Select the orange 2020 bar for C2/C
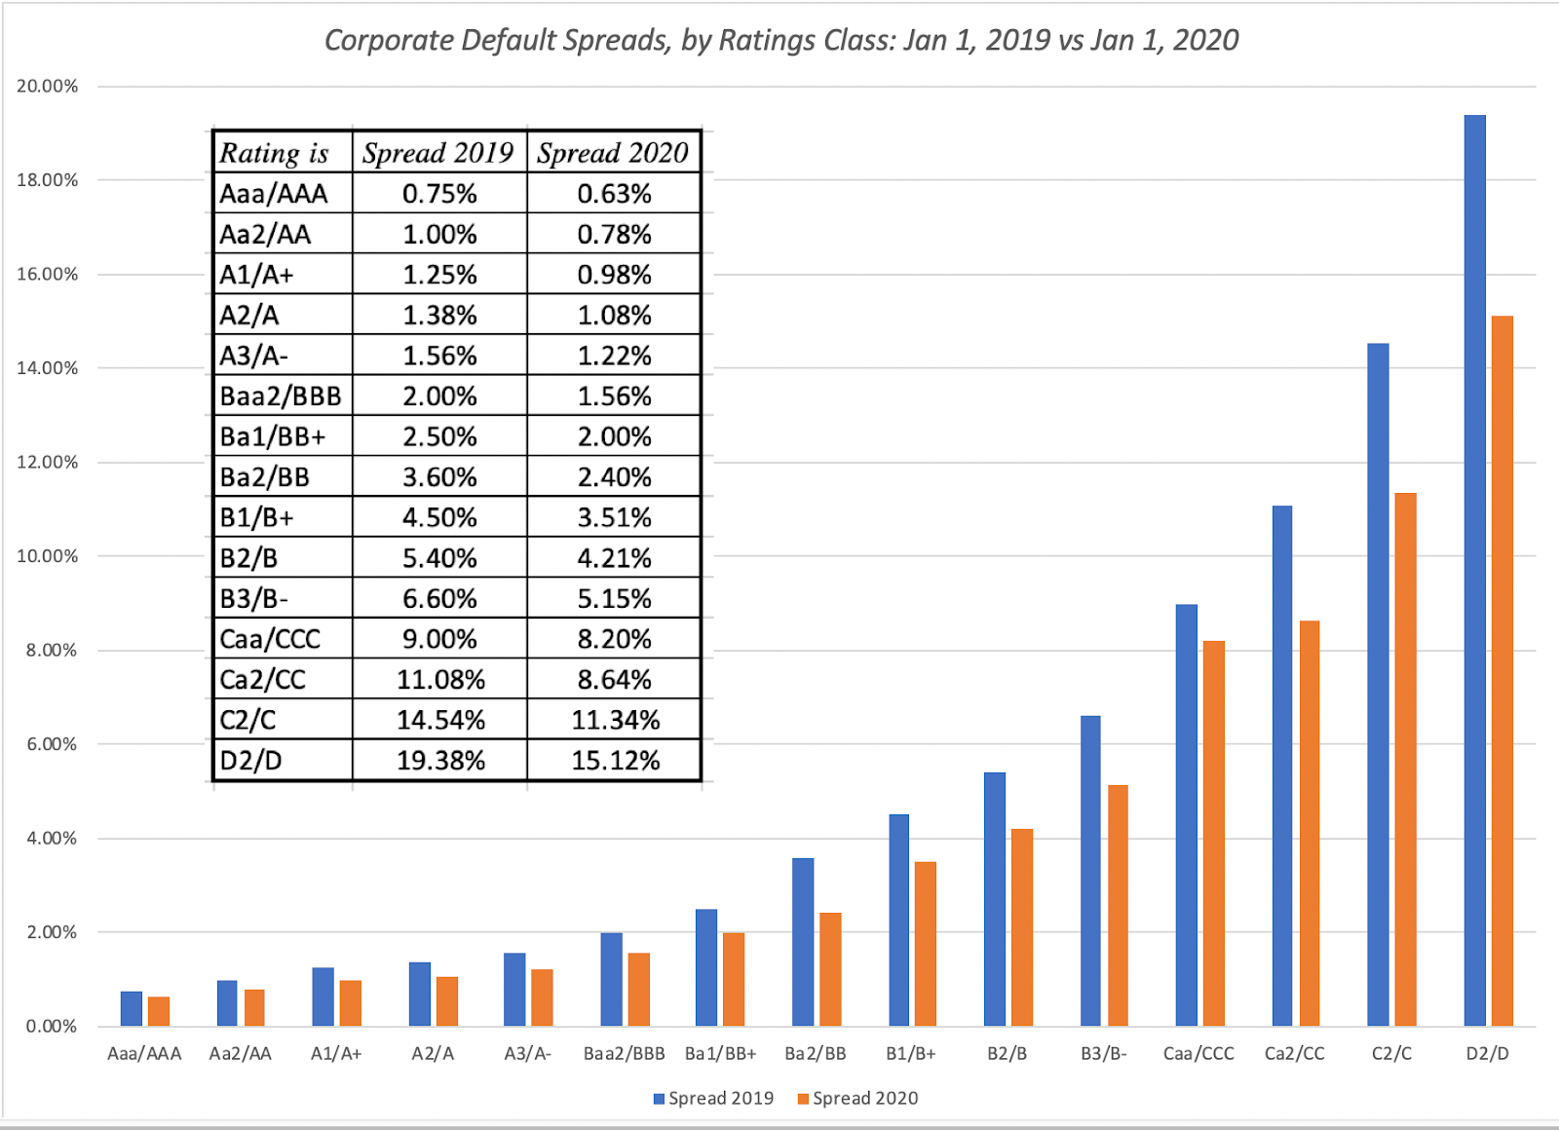(1405, 759)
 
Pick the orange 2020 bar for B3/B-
(1118, 905)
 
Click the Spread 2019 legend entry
(713, 1098)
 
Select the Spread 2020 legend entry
(857, 1098)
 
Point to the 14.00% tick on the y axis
(47, 368)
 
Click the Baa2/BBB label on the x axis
(624, 1053)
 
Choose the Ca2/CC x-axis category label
(1294, 1053)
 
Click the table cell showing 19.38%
(440, 760)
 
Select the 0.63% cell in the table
(614, 194)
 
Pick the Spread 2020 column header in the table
(613, 153)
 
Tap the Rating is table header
(275, 153)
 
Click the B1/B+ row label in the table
(256, 517)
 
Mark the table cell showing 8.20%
(614, 639)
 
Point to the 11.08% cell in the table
(440, 679)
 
